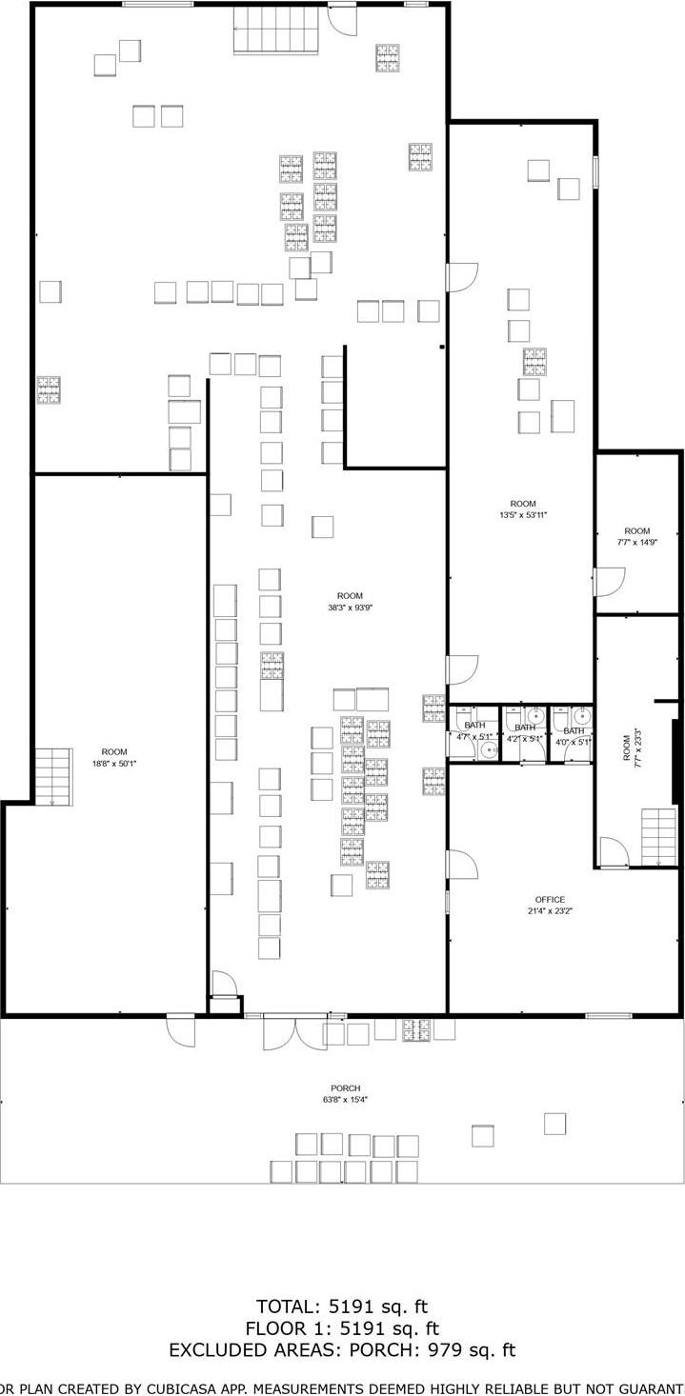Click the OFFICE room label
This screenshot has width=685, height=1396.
click(550, 899)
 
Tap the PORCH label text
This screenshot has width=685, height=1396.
click(345, 1087)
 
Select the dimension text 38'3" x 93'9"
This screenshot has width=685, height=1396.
click(350, 608)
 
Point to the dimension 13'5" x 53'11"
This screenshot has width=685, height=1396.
click(523, 515)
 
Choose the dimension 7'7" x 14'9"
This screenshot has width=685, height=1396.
click(637, 543)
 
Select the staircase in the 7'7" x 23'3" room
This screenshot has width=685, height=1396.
click(657, 836)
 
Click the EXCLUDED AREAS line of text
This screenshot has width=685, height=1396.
click(342, 1349)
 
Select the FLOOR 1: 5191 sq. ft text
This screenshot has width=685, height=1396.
click(342, 1327)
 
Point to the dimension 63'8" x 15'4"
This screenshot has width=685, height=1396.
click(345, 1100)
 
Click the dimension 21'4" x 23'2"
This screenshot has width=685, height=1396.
click(550, 911)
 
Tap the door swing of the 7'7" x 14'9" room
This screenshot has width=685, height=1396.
click(610, 581)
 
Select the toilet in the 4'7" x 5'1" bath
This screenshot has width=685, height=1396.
click(489, 750)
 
